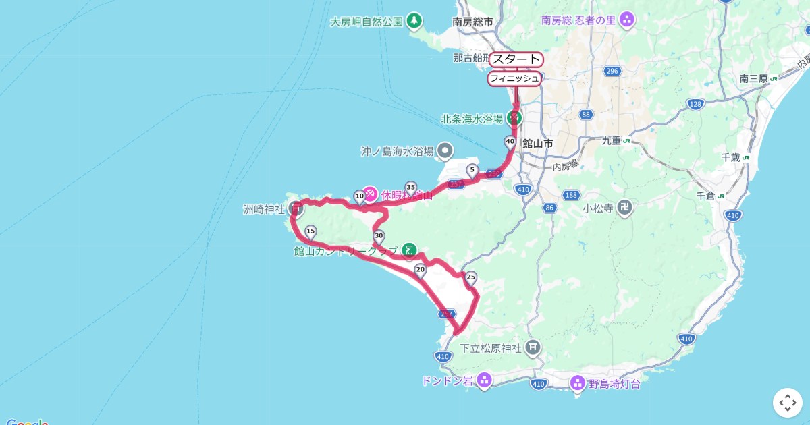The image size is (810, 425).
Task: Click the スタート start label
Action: pos(516,59)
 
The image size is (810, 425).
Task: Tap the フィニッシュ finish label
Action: pos(514,78)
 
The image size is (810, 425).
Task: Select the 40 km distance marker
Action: pos(510,142)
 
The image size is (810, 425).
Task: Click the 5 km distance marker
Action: pos(472,170)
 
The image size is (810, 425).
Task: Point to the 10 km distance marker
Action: pos(360,196)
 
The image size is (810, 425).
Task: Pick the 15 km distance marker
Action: pos(310,231)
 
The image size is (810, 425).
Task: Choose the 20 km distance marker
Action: pos(420,271)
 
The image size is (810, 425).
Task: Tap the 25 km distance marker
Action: pos(471,277)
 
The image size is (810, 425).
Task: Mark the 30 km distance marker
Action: pos(378,236)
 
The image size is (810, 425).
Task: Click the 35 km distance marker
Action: pos(410,187)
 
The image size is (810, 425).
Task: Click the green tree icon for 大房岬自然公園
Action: pos(414,22)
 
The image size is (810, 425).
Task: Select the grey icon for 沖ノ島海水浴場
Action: pos(444,151)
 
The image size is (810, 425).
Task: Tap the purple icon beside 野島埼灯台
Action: pos(578,384)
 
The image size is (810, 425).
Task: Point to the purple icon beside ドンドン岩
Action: pos(484,381)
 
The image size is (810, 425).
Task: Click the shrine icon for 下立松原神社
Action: pos(533,348)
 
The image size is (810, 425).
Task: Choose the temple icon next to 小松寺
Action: pos(626,208)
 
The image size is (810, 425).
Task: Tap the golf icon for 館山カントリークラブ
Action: pos(408,251)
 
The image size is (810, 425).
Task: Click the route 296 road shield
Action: pos(612,71)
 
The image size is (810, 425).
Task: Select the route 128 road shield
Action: pos(695,103)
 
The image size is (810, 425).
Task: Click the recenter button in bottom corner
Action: pos(787,403)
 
